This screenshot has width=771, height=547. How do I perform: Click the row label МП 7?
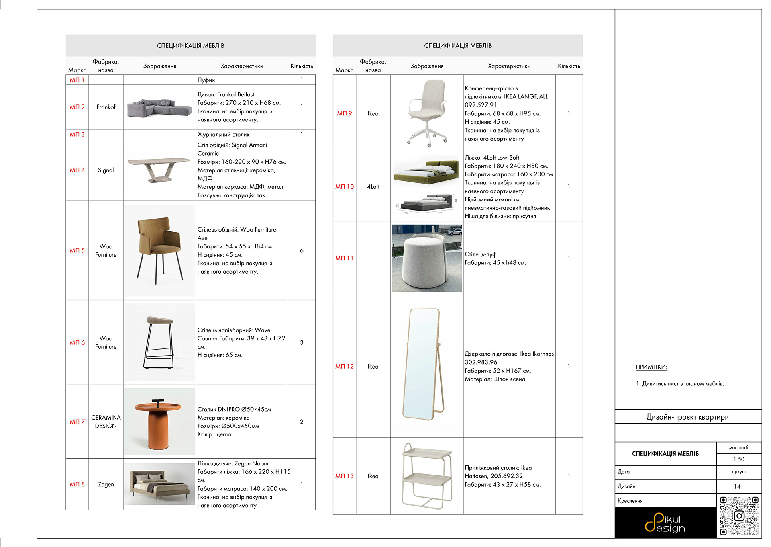[77, 422]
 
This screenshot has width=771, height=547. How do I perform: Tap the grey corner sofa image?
[159, 107]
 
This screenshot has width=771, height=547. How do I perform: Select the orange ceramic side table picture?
[159, 422]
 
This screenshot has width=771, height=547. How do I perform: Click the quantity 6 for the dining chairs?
[302, 250]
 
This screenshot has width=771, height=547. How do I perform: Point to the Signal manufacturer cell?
[106, 170]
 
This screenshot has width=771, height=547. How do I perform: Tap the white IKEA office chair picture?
[427, 113]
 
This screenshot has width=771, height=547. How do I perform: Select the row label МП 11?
[344, 258]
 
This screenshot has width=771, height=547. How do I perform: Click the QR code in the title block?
[739, 516]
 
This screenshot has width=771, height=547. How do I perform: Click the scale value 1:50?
[738, 459]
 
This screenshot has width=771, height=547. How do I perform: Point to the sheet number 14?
[737, 487]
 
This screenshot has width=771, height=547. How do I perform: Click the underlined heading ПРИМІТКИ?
[651, 367]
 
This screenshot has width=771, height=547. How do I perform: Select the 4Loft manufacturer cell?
[373, 187]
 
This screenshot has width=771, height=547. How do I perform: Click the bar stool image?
[159, 342]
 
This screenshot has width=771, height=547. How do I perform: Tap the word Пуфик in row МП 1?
[206, 80]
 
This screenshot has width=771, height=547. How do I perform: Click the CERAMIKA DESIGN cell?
[106, 422]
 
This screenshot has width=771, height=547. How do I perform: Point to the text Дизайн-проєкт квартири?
[687, 417]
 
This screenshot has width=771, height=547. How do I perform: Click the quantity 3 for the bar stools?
[302, 342]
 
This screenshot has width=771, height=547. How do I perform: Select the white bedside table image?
[427, 476]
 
